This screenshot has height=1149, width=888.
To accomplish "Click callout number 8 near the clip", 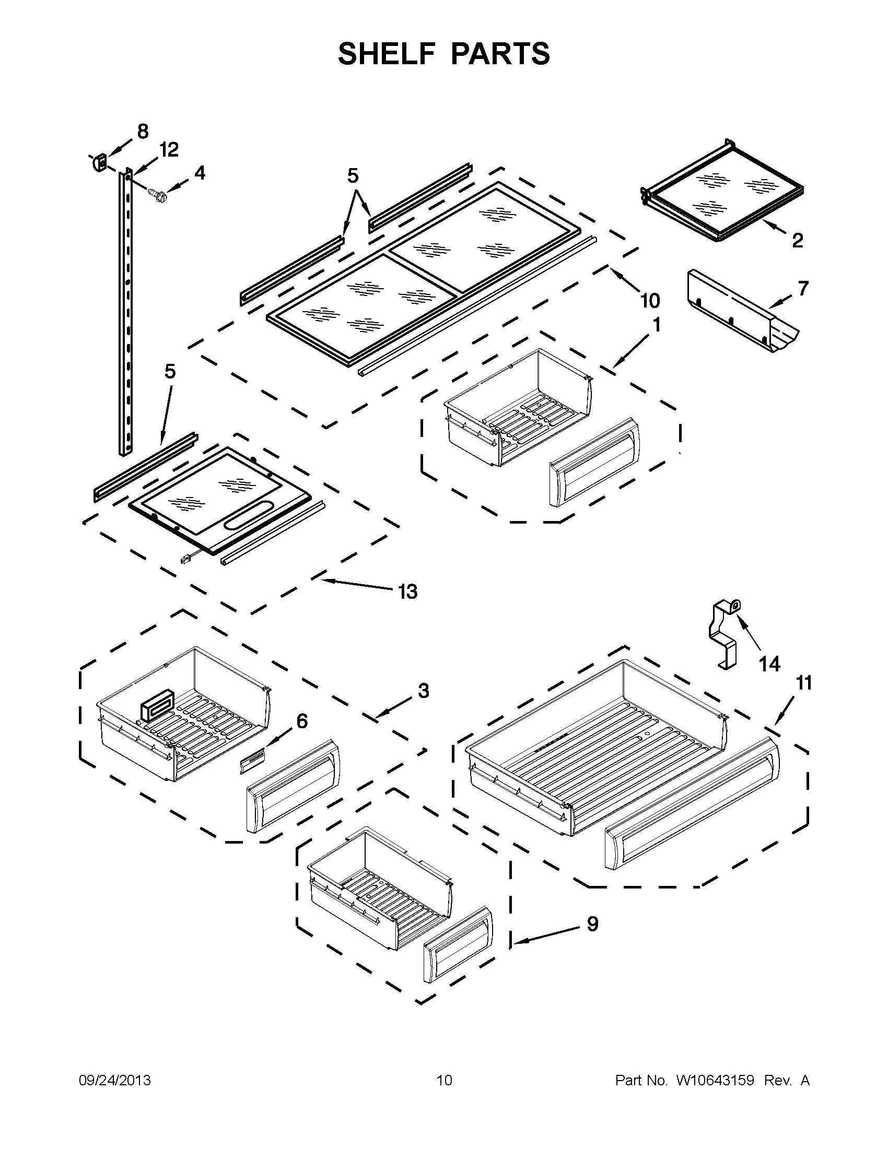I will point(143,132).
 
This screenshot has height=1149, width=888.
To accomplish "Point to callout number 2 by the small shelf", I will point(798,241).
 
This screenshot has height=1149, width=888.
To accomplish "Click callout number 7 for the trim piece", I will point(803,288).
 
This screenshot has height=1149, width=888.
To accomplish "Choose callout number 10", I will point(650,301).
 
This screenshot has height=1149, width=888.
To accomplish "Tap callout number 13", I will point(407,592).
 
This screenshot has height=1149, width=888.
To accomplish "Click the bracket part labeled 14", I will point(725,637).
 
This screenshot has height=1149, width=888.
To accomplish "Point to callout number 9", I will point(592,924).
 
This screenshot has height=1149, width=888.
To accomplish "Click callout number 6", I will point(302,721).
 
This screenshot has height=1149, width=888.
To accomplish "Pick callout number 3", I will point(424,691).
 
